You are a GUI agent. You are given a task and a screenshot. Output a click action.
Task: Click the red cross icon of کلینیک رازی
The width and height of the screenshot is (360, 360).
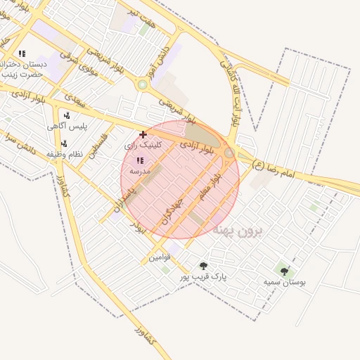click(x=143, y=134)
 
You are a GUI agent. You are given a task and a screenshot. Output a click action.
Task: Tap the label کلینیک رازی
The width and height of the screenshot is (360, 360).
click(x=143, y=145)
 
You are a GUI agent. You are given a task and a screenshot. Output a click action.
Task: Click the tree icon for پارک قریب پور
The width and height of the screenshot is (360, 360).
click(x=204, y=266)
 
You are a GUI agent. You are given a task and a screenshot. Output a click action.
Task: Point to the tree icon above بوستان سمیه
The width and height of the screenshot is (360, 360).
click(x=284, y=271)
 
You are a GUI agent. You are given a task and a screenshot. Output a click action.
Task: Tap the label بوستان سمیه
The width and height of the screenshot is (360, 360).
click(x=285, y=282)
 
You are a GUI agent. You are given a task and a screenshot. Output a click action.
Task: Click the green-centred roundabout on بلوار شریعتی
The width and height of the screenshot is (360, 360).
click(x=143, y=84)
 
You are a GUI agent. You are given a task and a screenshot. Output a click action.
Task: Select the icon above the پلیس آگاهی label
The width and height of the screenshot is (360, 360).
click(x=67, y=115)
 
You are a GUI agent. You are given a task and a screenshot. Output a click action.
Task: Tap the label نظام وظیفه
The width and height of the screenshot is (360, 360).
click(x=65, y=153)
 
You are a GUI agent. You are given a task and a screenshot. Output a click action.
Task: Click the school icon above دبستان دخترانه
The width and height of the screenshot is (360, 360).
click(x=22, y=53)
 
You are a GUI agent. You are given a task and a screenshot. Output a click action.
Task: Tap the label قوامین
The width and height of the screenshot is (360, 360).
click(x=158, y=257)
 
